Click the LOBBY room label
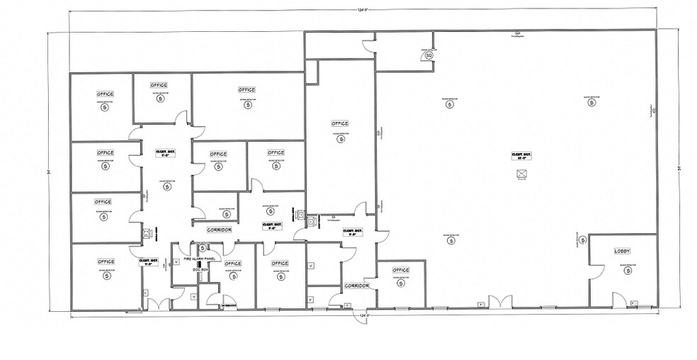(x=622, y=251)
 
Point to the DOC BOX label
(x=200, y=270)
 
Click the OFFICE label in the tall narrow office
(x=340, y=124)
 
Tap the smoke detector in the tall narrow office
(x=341, y=140)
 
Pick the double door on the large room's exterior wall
(x=500, y=303)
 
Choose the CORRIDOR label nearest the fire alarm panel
(x=219, y=230)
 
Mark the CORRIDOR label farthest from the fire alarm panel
(x=357, y=286)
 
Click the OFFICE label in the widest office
(x=246, y=90)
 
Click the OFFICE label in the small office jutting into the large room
(x=401, y=270)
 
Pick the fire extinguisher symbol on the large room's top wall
(x=518, y=33)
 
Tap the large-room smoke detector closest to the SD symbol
(x=449, y=104)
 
